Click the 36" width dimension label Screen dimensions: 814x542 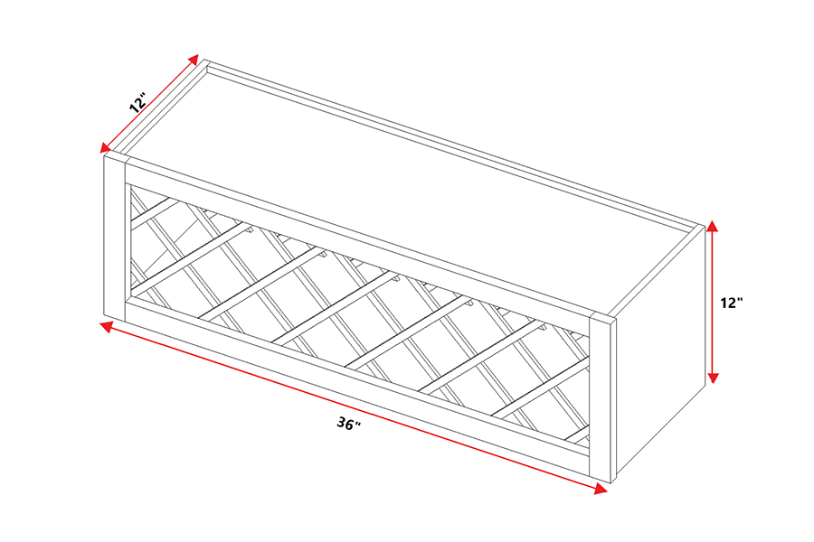348,424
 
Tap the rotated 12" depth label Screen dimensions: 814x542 139,102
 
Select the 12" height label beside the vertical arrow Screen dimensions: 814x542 732,303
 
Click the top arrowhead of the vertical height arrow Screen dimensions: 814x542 713,226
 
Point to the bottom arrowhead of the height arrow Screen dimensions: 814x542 714,378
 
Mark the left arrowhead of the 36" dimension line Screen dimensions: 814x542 107,326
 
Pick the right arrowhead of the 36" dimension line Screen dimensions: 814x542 601,489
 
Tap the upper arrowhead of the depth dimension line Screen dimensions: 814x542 194,59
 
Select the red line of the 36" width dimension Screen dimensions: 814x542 354,407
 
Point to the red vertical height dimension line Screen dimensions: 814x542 713,302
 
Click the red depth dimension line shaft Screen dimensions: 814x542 149,103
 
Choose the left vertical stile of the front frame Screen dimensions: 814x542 115,237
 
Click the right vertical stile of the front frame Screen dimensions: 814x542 602,397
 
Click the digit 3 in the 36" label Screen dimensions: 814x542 342,422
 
